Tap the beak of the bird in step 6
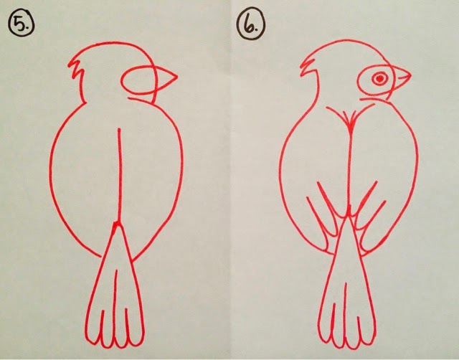pyautogui.click(x=400, y=76)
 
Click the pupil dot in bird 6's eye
pyautogui.click(x=379, y=78)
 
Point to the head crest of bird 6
pyautogui.click(x=307, y=67)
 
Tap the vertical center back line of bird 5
pyautogui.click(x=118, y=175)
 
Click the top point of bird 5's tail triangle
pyautogui.click(x=117, y=224)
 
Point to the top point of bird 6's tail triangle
pyautogui.click(x=349, y=217)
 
